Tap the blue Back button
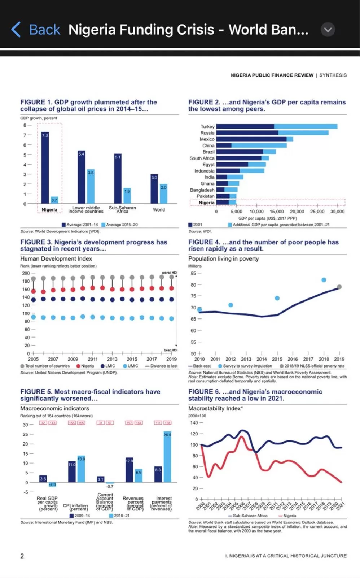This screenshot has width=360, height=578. point(36,30)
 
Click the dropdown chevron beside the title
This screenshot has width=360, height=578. point(328,30)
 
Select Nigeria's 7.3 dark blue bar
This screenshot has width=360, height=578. point(45,168)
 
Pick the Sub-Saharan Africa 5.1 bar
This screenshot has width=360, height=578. point(118,178)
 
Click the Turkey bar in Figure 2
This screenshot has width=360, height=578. point(277,126)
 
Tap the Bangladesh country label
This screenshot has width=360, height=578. point(202,190)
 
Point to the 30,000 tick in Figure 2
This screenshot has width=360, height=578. point(337,212)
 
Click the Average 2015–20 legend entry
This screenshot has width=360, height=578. point(119,225)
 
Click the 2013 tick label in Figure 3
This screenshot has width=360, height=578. point(112,359)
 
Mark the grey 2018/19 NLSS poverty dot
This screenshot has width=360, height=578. point(339,287)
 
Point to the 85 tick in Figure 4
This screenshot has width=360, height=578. point(194,273)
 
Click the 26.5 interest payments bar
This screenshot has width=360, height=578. point(167,457)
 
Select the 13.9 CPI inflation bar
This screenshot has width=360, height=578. point(81,469)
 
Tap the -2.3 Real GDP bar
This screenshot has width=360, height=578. point(52,484)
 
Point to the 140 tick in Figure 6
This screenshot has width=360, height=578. point(194,423)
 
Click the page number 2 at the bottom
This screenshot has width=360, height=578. point(22,556)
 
